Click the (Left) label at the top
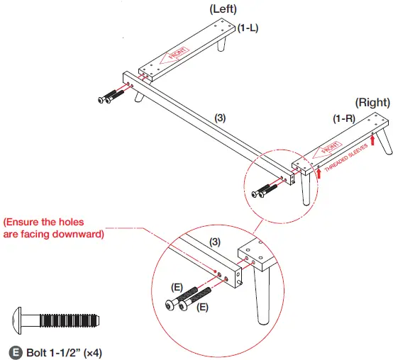[223, 9]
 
